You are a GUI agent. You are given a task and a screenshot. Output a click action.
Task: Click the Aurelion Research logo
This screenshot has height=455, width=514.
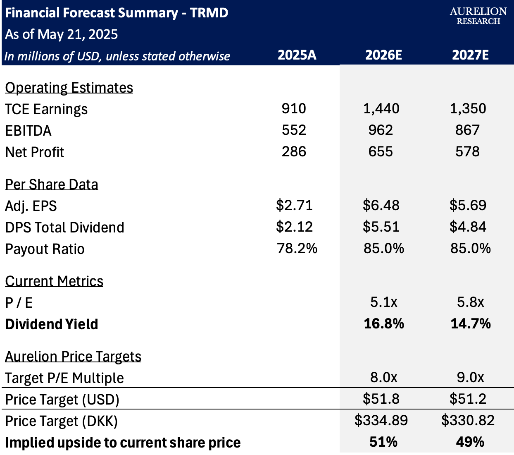[x=478, y=16]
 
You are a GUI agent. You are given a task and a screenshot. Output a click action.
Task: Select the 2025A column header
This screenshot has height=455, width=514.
[x=297, y=55]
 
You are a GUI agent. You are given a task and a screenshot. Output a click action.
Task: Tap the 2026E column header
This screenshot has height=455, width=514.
[x=383, y=55]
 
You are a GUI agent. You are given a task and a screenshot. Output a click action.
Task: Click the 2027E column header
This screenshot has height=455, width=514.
[x=470, y=55]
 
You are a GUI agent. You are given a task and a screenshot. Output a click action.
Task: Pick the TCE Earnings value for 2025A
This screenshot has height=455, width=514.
[x=294, y=108]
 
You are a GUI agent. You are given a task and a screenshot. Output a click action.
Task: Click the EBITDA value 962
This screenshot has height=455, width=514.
[x=381, y=130]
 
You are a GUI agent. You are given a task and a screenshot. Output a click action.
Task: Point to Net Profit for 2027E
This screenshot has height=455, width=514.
[x=467, y=152]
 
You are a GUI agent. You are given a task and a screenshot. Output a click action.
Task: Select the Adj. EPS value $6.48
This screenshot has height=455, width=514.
[x=381, y=205]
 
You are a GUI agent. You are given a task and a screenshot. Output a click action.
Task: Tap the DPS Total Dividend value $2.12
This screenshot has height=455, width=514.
[x=294, y=227]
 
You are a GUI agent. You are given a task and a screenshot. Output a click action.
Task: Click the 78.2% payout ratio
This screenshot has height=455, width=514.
[x=297, y=248]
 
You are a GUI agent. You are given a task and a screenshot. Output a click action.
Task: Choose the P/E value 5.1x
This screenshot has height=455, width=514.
[x=383, y=302]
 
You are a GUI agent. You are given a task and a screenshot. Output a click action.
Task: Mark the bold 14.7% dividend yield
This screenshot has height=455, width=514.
[x=471, y=323]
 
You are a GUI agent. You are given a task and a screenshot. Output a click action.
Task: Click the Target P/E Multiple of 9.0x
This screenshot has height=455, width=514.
[x=470, y=377]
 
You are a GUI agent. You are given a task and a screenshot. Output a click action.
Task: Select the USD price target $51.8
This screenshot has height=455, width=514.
[x=381, y=399]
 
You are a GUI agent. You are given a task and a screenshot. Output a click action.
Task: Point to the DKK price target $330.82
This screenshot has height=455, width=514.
[x=468, y=420]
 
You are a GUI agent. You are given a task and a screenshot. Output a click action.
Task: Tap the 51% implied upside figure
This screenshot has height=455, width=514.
[x=383, y=442]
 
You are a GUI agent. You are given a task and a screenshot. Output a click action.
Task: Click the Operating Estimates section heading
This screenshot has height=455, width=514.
[x=69, y=88]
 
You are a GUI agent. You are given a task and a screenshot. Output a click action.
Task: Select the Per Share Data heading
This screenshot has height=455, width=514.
[x=52, y=184]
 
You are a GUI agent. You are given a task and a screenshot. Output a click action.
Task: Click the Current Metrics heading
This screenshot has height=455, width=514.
[x=54, y=281]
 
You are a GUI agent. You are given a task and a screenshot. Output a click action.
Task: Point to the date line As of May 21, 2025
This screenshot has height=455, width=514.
[x=62, y=34]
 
